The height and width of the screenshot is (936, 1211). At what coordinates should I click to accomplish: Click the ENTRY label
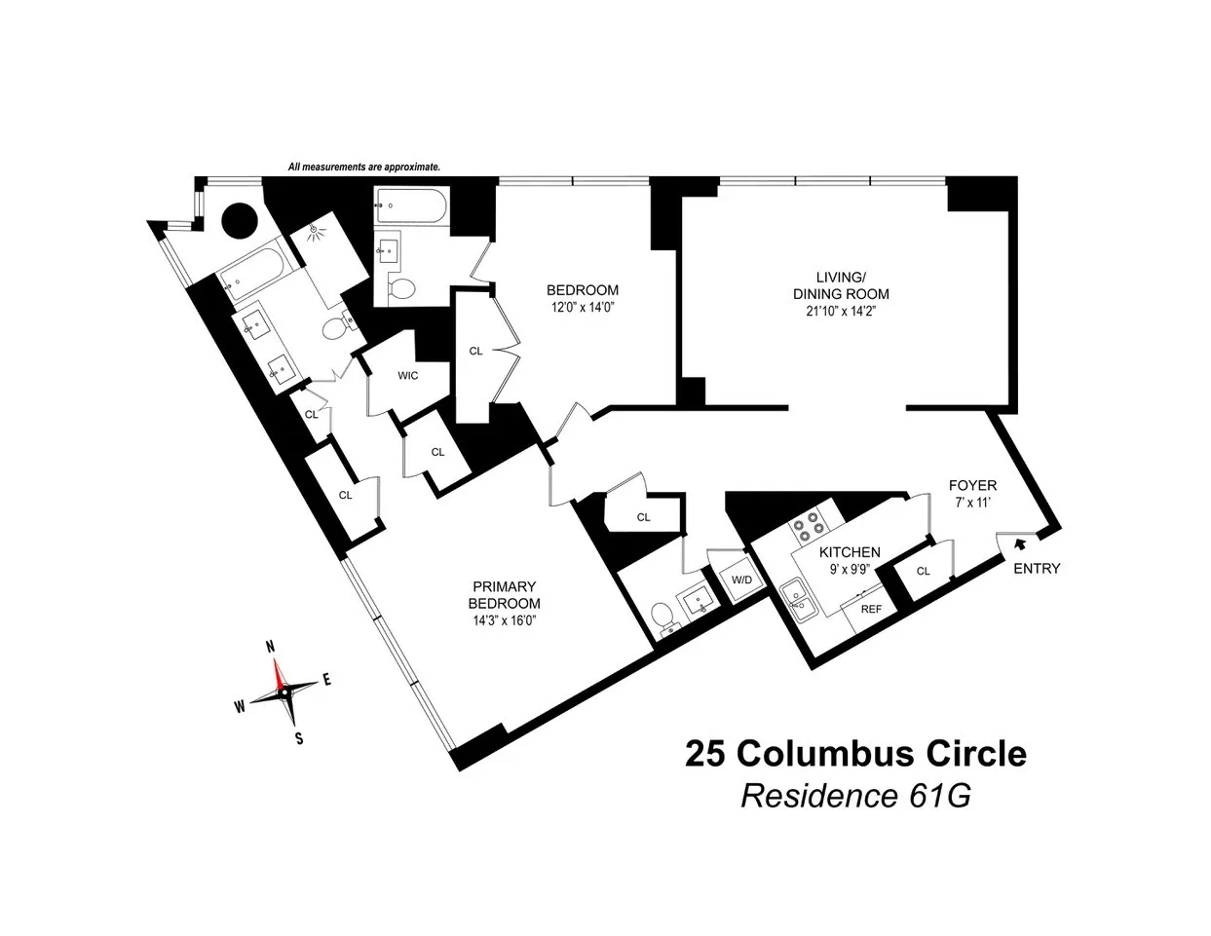click(x=1037, y=569)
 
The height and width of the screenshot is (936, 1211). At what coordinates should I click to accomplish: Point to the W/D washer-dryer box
click(x=742, y=580)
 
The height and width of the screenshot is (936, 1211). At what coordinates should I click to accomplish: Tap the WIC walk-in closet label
click(x=407, y=376)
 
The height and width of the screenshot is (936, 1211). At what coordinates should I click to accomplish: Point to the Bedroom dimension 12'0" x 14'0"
click(x=582, y=308)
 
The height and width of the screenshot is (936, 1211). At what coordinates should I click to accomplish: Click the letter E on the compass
click(x=327, y=681)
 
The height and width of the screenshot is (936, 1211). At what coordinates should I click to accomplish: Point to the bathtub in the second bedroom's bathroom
click(x=410, y=206)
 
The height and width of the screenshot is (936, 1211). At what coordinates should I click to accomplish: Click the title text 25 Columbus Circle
click(x=855, y=754)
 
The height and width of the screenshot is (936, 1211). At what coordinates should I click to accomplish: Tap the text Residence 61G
click(x=855, y=796)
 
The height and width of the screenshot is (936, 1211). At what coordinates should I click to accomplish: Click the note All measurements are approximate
click(x=364, y=168)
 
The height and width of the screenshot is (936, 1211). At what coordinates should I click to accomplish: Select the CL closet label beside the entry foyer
click(x=923, y=572)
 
